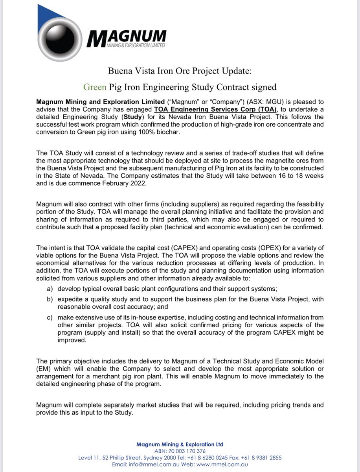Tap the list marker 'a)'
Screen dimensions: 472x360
[50, 289]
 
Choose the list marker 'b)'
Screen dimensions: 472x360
[50, 299]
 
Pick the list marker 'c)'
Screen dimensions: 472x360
[50, 317]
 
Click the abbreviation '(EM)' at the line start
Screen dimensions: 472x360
[44, 369]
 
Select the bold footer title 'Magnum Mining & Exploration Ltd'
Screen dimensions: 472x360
[180, 444]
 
